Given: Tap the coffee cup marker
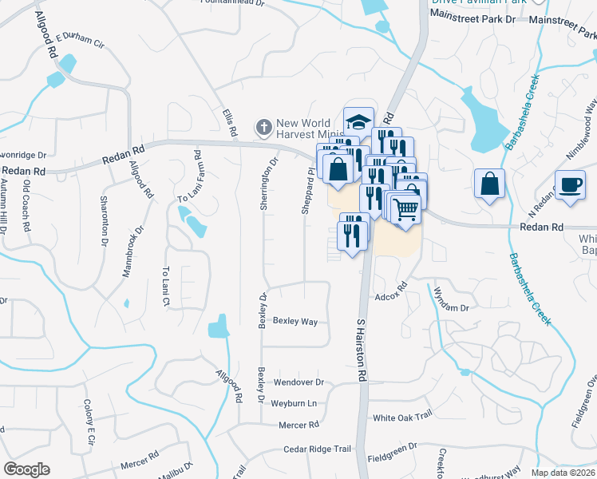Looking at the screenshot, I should click(570, 185).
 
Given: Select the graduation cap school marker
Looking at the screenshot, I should click(359, 121).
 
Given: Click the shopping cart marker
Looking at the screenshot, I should click(406, 209).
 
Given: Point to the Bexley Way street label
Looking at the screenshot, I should click(295, 322).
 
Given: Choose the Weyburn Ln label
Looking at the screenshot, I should click(294, 403).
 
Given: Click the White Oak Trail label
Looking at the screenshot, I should click(402, 417).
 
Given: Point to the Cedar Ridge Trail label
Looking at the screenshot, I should click(317, 449).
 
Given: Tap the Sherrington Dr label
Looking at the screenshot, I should click(268, 183).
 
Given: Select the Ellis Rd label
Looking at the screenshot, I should click(231, 121).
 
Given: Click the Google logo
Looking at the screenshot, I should click(26, 469).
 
